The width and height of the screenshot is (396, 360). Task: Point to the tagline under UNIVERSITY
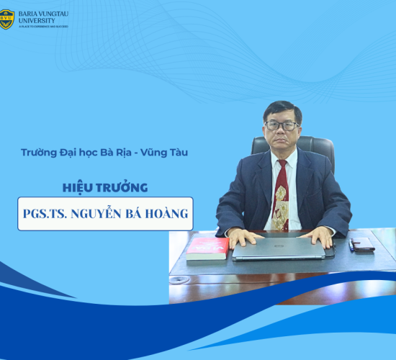tap(39, 27)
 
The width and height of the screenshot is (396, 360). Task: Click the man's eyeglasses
tap(282, 125)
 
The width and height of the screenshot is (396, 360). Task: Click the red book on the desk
tap(207, 248)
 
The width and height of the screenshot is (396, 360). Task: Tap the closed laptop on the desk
tap(283, 249)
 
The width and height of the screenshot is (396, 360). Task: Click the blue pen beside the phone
tap(351, 245)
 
